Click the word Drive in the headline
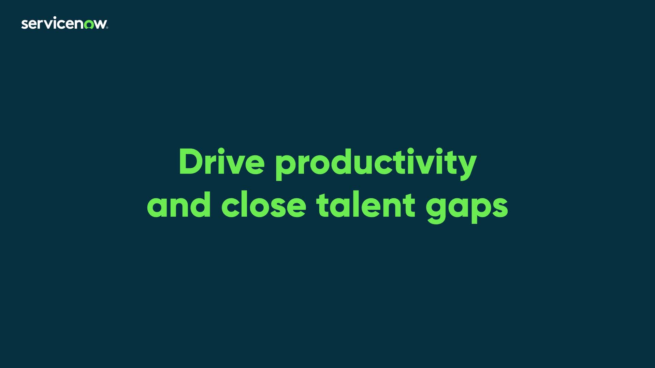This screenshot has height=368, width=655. point(221,162)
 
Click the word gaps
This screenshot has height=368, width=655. point(467,208)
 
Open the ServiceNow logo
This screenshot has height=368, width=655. point(64,24)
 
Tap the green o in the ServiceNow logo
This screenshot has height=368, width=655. point(89,25)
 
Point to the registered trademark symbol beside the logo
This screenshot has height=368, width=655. point(107,28)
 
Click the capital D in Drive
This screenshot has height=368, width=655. point(191,162)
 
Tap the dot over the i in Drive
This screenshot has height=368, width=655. point(220,151)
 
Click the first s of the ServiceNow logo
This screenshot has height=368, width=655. point(24,25)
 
